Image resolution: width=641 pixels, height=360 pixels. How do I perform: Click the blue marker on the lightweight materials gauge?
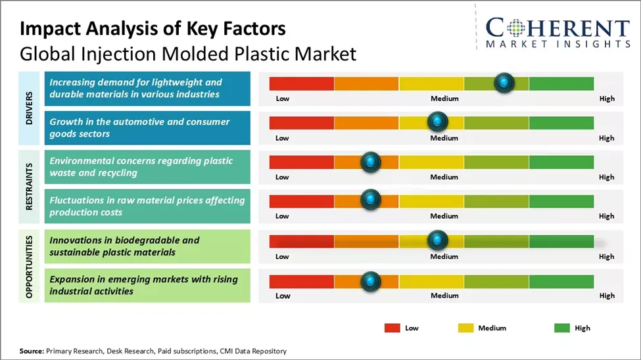[504, 83]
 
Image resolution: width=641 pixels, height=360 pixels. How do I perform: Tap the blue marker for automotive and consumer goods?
[437, 122]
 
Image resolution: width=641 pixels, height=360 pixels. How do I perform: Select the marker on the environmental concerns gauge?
[371, 161]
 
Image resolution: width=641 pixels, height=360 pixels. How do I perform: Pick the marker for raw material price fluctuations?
[371, 200]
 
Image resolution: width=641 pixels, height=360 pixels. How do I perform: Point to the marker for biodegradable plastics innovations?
[437, 240]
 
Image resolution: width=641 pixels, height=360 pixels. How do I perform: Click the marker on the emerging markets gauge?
[371, 281]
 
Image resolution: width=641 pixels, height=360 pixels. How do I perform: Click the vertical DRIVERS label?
[30, 108]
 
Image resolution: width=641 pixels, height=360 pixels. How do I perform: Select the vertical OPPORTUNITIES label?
[30, 265]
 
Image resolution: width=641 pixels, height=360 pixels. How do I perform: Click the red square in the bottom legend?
[392, 328]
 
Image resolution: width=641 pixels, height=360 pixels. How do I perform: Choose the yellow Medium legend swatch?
[465, 328]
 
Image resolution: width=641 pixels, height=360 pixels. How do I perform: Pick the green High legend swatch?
[563, 328]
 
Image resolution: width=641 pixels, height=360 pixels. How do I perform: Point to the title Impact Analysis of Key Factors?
[153, 29]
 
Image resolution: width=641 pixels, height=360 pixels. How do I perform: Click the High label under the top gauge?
[607, 99]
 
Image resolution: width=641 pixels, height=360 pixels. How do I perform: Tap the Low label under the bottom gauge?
[282, 296]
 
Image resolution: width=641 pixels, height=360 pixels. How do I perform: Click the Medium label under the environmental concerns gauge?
[444, 177]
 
